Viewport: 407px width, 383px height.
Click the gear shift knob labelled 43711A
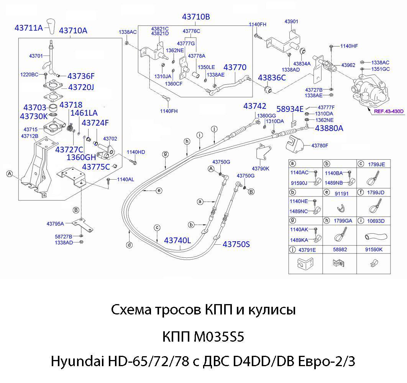(52, 26)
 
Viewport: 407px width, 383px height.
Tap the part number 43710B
(196, 17)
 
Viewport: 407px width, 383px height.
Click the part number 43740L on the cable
(177, 241)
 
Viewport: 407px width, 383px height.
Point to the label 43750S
(236, 244)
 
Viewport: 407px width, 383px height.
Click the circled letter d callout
(129, 245)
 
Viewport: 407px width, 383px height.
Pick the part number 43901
(291, 21)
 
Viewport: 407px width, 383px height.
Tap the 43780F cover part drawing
(295, 144)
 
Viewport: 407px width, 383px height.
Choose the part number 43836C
(272, 78)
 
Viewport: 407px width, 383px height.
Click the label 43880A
(329, 129)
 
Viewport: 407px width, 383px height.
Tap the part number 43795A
(55, 224)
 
